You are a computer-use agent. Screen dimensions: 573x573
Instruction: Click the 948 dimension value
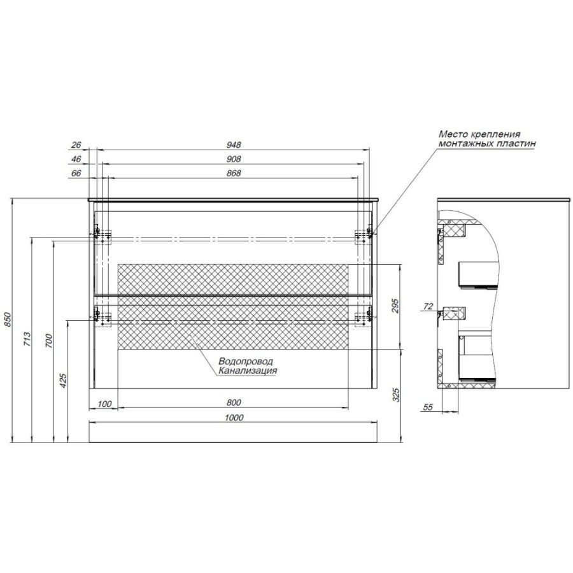pos(234,145)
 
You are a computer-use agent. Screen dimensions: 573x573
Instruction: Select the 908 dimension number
pos(234,159)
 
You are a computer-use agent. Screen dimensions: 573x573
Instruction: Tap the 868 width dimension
pos(234,173)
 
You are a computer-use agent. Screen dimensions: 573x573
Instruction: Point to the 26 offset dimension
pos(76,145)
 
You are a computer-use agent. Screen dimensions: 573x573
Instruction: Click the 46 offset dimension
pos(76,159)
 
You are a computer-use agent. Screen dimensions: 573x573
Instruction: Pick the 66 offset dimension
pos(76,173)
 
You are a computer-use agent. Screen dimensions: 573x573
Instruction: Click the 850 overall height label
pos(8,320)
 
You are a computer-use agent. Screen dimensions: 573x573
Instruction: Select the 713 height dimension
pos(28,339)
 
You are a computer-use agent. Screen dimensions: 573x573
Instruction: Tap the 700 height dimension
pos(49,341)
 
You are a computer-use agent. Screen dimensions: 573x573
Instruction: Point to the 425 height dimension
pos(63,381)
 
